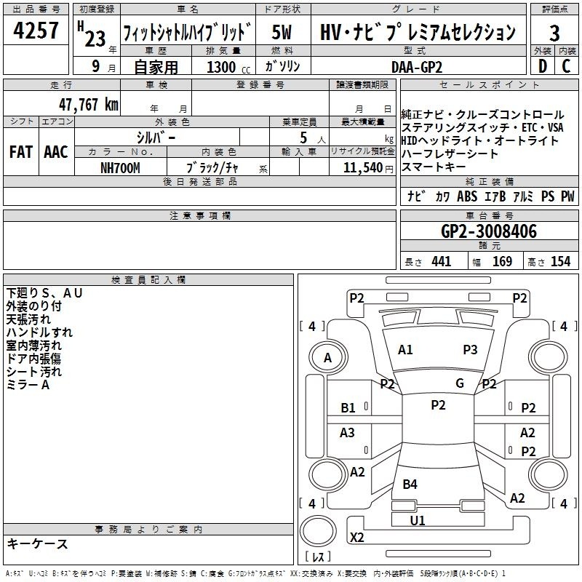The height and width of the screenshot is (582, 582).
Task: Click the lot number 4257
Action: tap(36, 30)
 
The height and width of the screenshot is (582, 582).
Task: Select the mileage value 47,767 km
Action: tap(89, 105)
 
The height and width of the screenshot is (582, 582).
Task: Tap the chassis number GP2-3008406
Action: tap(489, 231)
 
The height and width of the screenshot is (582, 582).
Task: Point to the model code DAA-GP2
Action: tap(417, 67)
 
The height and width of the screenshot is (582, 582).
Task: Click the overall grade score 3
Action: tap(554, 33)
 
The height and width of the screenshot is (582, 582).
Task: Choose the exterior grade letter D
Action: tap(543, 66)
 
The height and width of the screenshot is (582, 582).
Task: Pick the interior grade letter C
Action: tap(566, 66)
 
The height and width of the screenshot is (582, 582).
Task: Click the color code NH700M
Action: tap(120, 168)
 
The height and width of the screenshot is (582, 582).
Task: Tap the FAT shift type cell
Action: tap(21, 152)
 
